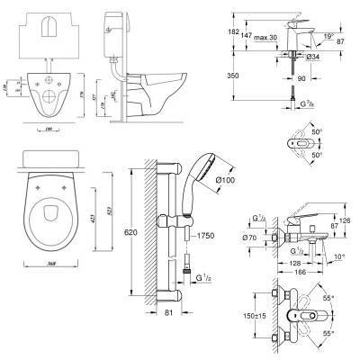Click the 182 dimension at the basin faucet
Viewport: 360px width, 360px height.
(x=234, y=31)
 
